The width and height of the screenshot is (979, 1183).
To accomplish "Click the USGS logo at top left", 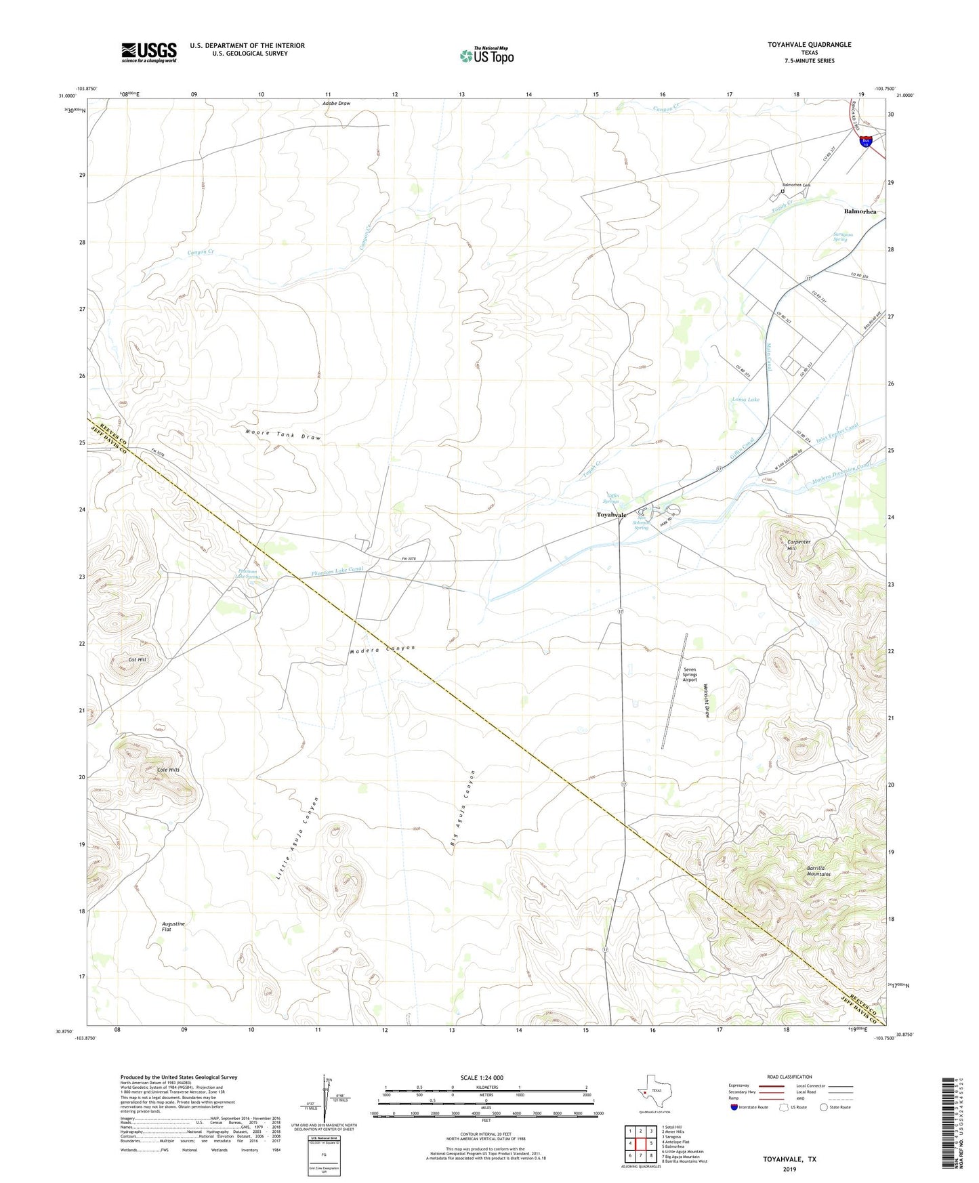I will click(x=149, y=52).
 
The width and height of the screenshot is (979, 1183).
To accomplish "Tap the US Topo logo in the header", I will click(x=486, y=56).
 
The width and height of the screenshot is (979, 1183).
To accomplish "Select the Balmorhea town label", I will click(x=860, y=211).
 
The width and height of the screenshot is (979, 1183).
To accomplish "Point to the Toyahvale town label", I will click(x=611, y=515).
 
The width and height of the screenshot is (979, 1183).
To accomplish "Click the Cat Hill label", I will click(x=137, y=659).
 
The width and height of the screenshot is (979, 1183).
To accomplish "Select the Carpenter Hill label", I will click(x=799, y=545).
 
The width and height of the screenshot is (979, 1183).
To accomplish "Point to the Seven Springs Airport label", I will click(x=690, y=674).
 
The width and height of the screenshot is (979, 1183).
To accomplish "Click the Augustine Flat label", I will click(x=173, y=926).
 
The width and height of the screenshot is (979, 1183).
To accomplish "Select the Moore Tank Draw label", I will click(x=283, y=435).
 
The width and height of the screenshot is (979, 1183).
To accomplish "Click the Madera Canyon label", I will click(x=382, y=649).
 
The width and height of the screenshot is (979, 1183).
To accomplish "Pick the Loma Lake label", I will click(x=745, y=400).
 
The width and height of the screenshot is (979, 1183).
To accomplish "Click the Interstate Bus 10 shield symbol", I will click(x=866, y=142).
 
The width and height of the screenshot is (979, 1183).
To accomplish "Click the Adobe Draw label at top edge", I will click(x=336, y=104).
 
